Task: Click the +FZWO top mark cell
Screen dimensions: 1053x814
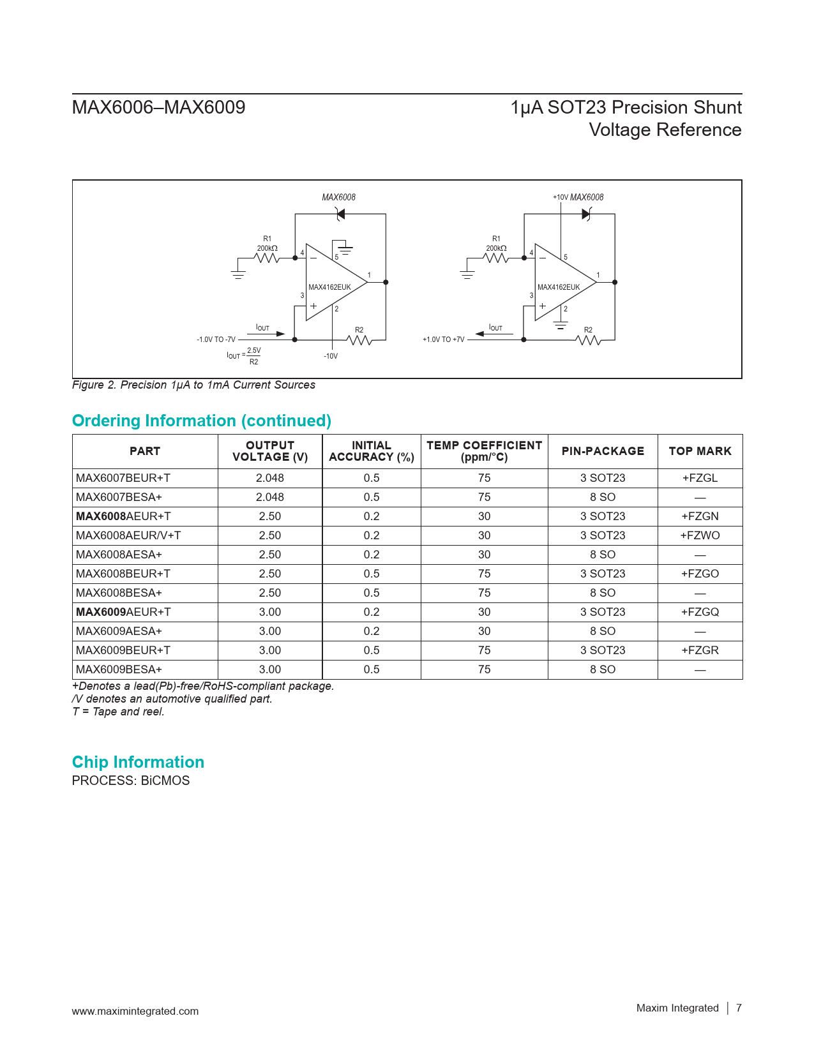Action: point(700,535)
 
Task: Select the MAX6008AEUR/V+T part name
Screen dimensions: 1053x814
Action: point(128,535)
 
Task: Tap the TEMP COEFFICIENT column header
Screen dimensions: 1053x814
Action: point(484,451)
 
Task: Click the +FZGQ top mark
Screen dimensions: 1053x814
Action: point(700,612)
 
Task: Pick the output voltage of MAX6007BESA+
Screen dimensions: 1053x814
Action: point(269,497)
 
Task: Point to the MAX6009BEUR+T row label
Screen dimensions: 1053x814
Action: point(123,650)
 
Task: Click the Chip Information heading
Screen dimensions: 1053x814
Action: point(138,762)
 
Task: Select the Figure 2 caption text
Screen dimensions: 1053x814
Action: point(193,385)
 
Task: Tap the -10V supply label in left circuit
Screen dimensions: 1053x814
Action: point(331,356)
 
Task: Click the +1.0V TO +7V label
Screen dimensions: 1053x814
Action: point(444,340)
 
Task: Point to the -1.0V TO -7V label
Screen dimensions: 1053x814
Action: point(216,340)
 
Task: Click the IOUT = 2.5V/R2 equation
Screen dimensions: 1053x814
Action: point(244,355)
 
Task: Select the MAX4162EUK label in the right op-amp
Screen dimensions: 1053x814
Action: point(559,287)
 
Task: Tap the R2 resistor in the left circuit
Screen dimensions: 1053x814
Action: point(360,340)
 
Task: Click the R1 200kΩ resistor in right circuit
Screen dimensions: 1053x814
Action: point(496,257)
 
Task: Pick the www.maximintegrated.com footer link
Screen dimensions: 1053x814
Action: point(135,1011)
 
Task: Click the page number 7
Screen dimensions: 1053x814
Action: point(739,1008)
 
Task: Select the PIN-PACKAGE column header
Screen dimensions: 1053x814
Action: point(603,451)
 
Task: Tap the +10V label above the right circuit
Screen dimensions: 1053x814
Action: point(560,198)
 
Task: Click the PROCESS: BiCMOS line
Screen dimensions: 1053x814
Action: point(131,780)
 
